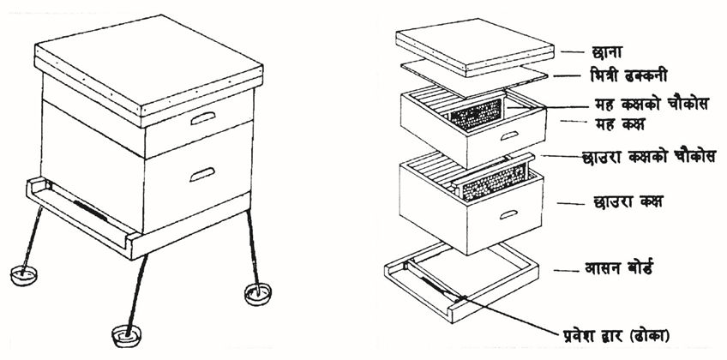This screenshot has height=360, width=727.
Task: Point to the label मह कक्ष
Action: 616,124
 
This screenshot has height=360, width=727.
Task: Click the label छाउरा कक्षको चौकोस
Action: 649,156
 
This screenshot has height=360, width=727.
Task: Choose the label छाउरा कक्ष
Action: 628,202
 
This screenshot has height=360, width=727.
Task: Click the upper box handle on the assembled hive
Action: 203,118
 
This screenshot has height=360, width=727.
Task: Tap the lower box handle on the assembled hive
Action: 202,174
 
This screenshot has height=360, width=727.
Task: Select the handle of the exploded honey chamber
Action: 509,135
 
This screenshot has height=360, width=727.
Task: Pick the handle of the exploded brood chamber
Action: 508,214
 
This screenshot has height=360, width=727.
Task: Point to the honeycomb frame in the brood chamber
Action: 494,182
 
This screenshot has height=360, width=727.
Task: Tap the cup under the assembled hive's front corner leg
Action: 127,334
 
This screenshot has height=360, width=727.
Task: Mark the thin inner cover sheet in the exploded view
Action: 474,78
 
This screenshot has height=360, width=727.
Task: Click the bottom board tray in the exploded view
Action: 462,282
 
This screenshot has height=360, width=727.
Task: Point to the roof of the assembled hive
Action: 149,70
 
